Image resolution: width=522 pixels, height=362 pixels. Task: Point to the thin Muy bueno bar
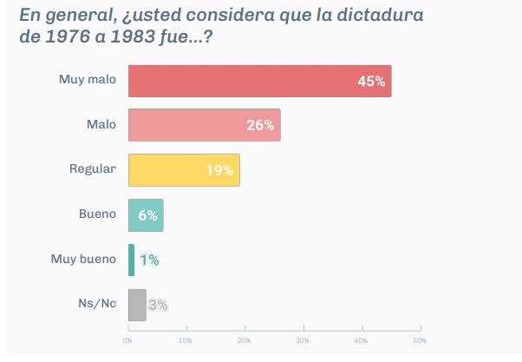click(131, 260)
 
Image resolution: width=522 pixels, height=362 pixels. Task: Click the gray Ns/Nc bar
click(137, 305)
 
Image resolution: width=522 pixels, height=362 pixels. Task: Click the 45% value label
click(371, 82)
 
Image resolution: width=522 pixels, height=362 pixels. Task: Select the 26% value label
click(260, 126)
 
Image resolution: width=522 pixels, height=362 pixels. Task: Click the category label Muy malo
click(87, 80)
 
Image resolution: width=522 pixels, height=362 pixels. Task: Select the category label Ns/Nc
click(97, 304)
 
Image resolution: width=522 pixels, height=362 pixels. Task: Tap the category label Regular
click(92, 169)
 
